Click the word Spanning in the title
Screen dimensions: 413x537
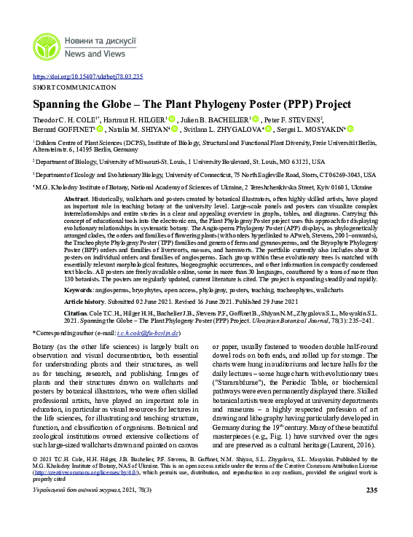(59, 104)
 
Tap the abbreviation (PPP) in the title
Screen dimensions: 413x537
(278, 104)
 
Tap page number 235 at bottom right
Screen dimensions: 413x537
(371, 490)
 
